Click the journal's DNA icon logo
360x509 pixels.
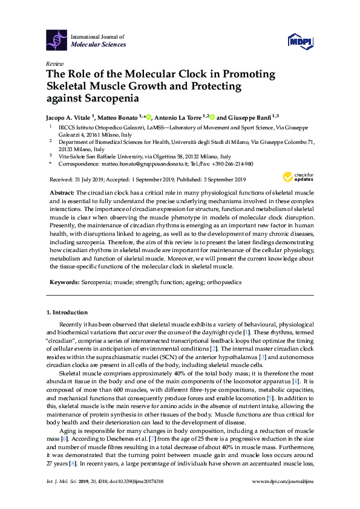point(57,40)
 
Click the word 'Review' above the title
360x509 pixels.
point(54,63)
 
